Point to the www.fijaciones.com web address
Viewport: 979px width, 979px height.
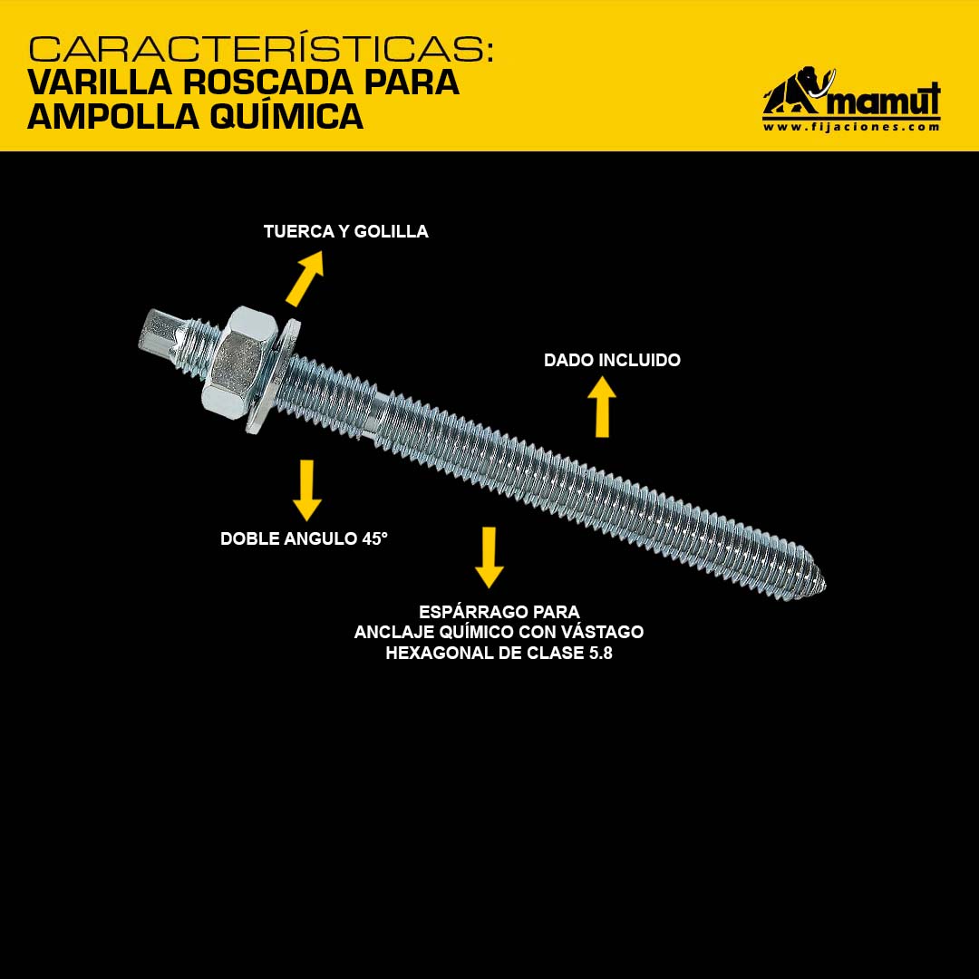tap(851, 127)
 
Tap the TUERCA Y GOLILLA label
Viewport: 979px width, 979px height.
tap(346, 232)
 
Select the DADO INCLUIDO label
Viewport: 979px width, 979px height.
tap(612, 360)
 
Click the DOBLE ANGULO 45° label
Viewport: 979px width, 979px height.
tap(304, 538)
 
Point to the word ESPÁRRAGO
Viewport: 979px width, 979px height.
tap(468, 612)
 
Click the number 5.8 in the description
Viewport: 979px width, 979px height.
tap(601, 653)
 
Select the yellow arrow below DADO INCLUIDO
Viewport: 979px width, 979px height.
tap(602, 406)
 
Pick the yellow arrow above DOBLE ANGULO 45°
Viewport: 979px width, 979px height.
tap(306, 490)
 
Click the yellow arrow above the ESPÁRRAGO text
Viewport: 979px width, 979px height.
tap(489, 557)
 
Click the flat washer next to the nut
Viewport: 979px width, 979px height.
tap(273, 376)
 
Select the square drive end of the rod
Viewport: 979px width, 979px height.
tap(161, 334)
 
